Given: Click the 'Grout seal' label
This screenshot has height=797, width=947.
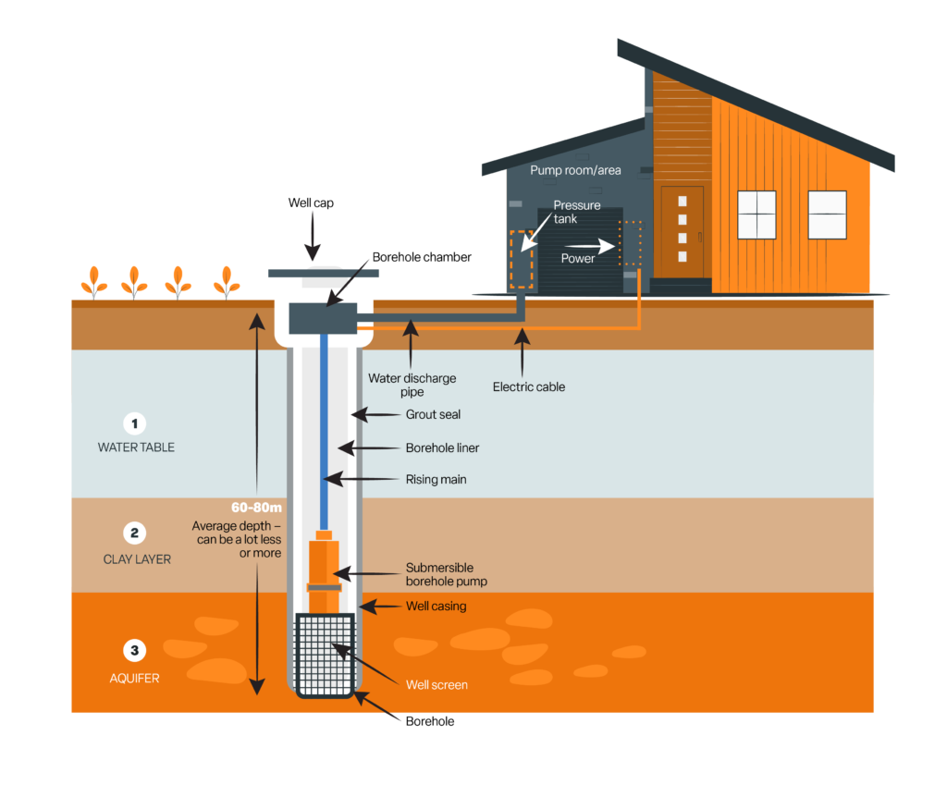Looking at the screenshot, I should (433, 415).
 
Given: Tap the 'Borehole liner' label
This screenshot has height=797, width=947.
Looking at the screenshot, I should (442, 448).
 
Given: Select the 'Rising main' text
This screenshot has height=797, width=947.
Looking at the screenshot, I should (436, 480).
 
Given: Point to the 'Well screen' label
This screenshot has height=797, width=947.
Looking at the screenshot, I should (437, 685).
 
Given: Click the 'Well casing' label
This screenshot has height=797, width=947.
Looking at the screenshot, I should (436, 607).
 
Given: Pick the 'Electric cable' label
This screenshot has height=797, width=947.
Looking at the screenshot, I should (528, 386).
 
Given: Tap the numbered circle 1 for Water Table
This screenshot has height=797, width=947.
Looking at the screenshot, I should (135, 424).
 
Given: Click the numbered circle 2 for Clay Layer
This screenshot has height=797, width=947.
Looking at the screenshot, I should (135, 533).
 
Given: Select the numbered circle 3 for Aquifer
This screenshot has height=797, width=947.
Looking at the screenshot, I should (135, 651).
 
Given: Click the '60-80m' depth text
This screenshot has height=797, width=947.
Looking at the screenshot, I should (256, 508).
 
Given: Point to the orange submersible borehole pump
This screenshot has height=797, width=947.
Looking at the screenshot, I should (324, 569).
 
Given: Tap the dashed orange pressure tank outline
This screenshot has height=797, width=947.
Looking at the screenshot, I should (520, 260).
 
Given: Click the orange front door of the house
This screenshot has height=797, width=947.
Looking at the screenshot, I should (682, 231).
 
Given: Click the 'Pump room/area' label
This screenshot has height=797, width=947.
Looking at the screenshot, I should (575, 170).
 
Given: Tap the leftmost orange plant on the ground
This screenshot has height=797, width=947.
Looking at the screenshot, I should (92, 281).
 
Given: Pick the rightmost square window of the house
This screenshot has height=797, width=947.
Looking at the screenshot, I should (827, 215).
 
